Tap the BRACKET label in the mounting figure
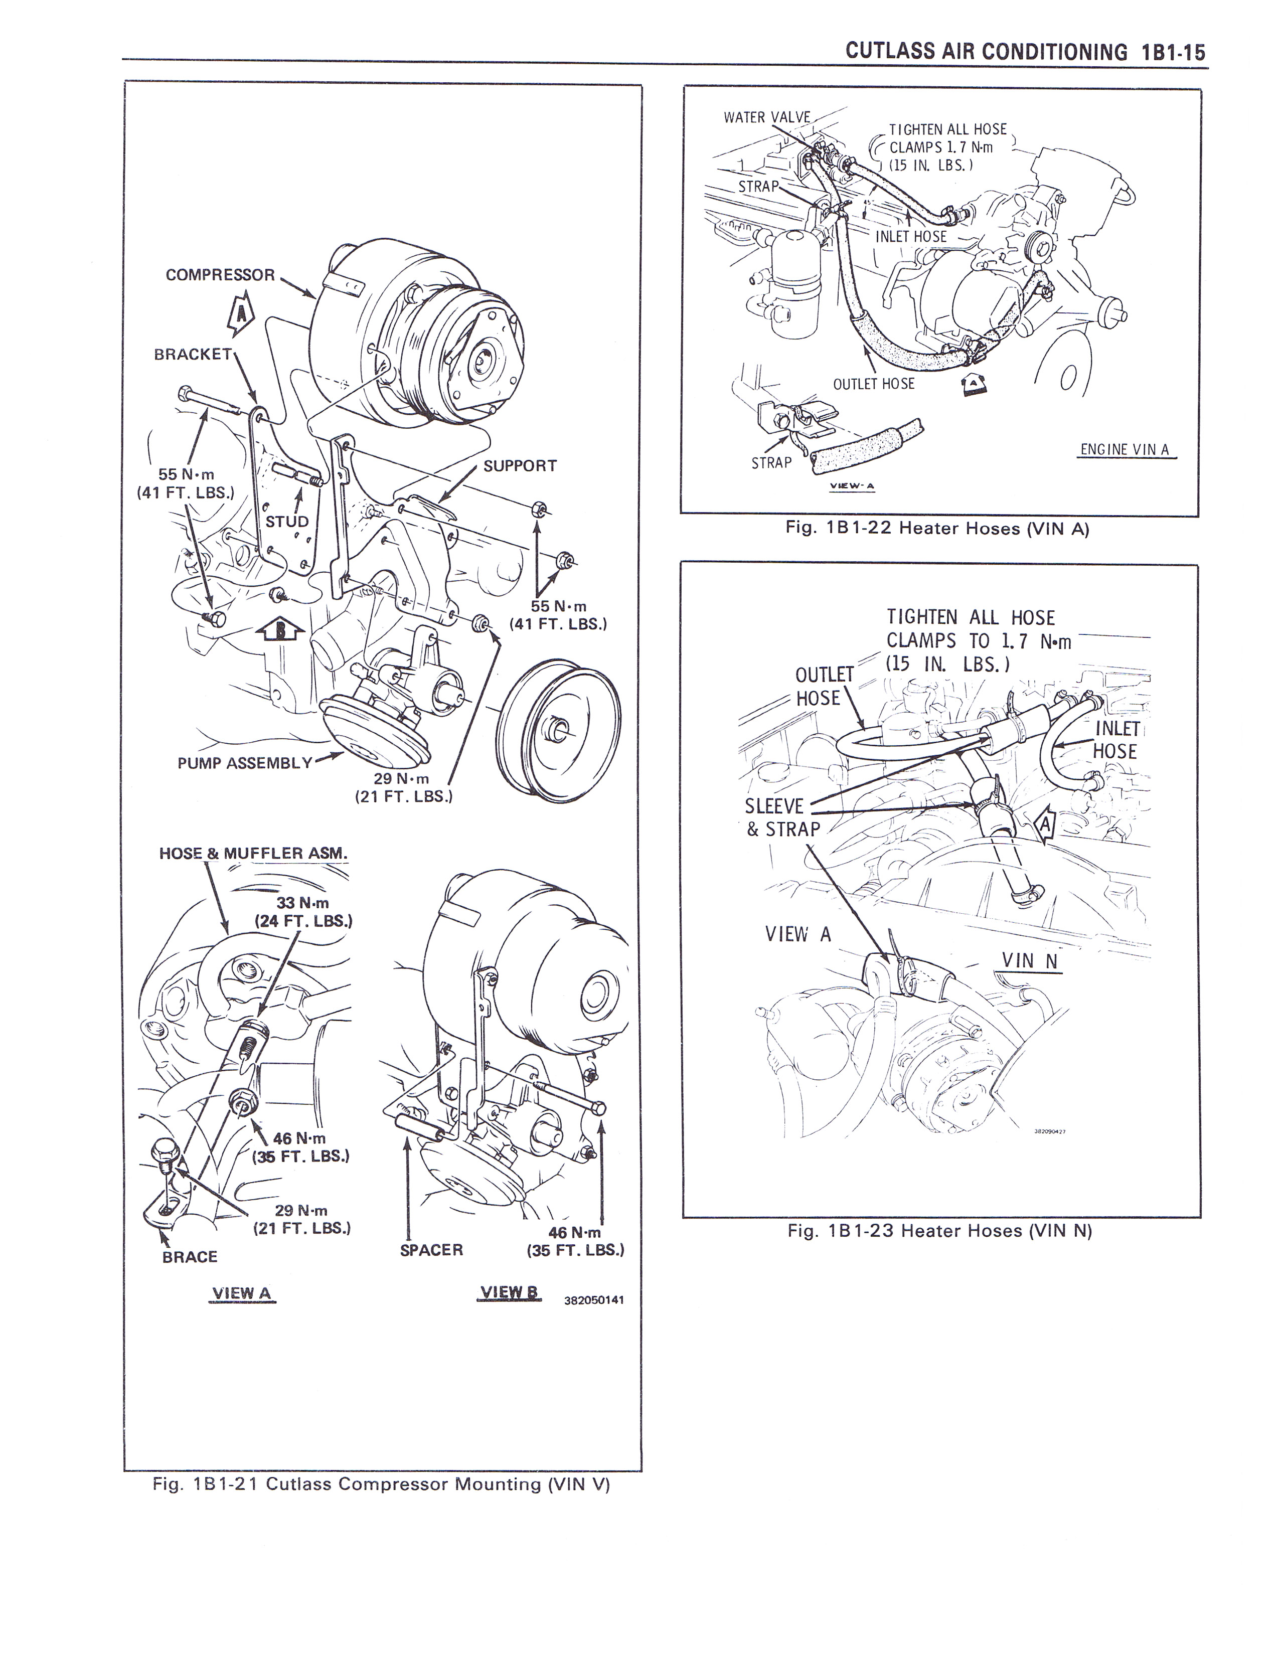[193, 354]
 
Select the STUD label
[287, 522]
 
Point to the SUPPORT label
[520, 465]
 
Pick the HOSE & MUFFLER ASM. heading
[253, 853]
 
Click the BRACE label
[190, 1256]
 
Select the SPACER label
[431, 1250]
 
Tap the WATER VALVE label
[766, 117]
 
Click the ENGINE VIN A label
[1125, 449]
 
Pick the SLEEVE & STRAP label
[782, 817]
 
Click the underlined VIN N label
[1029, 961]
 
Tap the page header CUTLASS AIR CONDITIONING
[986, 52]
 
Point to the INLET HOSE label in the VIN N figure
[1116, 740]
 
